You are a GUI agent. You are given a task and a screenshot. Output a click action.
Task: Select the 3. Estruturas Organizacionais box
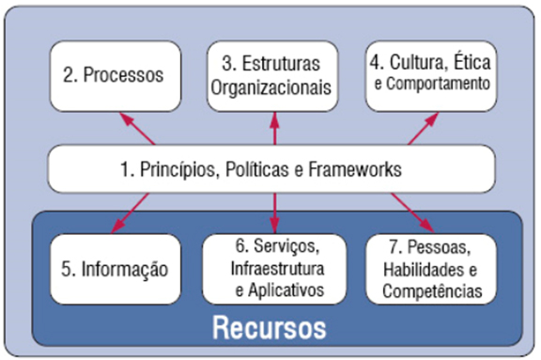pyautogui.click(x=272, y=74)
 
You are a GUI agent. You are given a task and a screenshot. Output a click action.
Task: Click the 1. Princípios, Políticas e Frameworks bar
pyautogui.click(x=272, y=169)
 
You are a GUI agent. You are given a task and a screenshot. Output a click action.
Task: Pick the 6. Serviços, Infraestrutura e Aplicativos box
pyautogui.click(x=272, y=270)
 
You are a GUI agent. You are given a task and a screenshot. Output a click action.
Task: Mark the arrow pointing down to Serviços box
pyautogui.click(x=274, y=212)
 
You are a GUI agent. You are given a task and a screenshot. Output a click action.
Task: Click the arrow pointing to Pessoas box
pyautogui.click(x=413, y=212)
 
